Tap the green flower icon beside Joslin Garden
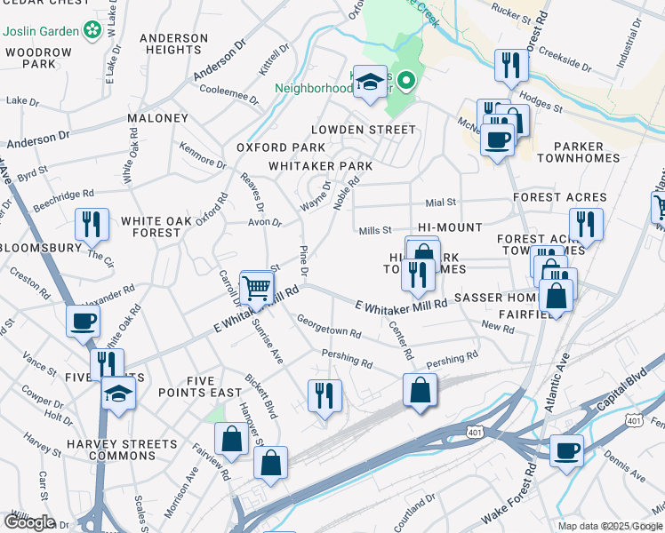coord(90,32)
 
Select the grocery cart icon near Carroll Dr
coord(256,287)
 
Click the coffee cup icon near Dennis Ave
coord(566,451)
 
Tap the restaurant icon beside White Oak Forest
coord(92,225)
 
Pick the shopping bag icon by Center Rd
coord(420,390)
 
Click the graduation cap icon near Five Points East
coord(118,392)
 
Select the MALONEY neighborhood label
coord(157,118)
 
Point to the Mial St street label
coord(440,203)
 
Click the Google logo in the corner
coord(29,522)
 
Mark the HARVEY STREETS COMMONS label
coord(110,449)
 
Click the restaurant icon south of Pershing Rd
coord(324,395)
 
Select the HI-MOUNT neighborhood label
coord(436,227)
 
